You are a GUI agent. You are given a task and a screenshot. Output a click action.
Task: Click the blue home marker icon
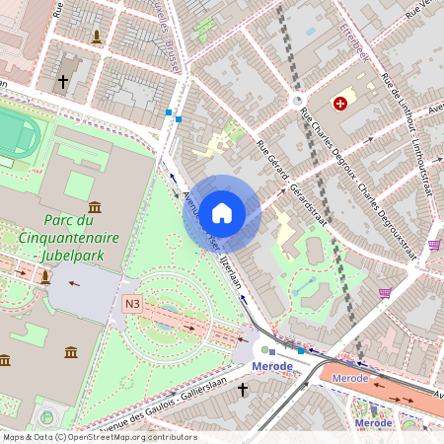click(x=222, y=212)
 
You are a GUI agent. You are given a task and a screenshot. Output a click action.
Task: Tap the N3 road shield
click(x=133, y=304)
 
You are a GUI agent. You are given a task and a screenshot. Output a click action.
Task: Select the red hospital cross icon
click(x=340, y=103)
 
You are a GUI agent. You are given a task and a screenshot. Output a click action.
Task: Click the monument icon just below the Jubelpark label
click(x=44, y=277)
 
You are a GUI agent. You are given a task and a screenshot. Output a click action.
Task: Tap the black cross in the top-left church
click(x=64, y=82)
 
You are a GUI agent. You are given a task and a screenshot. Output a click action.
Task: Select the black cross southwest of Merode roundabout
click(x=243, y=390)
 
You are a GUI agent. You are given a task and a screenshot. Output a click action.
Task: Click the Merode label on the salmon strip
click(x=350, y=379)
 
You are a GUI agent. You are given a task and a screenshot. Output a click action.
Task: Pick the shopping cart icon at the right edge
click(x=434, y=245)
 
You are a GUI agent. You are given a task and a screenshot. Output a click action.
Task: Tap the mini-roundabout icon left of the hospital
click(x=297, y=101)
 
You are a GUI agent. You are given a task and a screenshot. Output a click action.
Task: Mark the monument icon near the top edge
click(x=96, y=37)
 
